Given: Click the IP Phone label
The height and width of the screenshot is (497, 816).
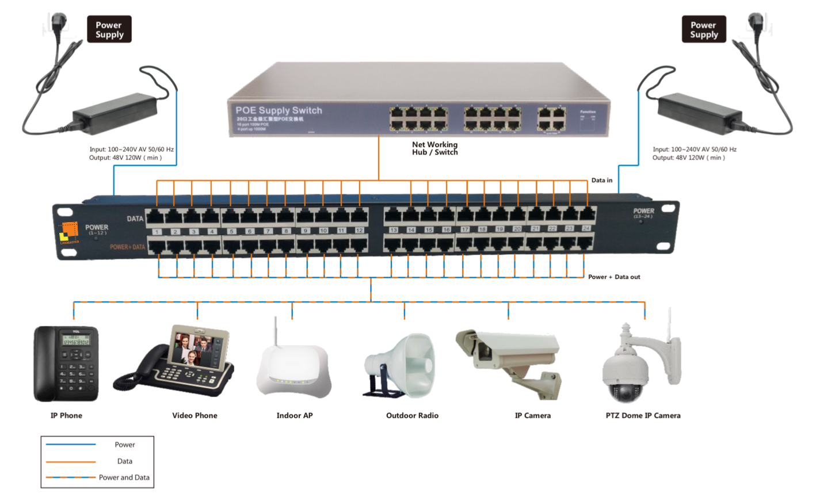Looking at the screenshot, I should pos(66,415).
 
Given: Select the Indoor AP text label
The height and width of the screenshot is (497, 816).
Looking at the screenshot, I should pos(295,415).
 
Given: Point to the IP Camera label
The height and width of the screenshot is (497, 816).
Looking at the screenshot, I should pos(532,415).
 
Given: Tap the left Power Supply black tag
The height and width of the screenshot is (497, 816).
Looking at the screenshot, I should pos(109,29).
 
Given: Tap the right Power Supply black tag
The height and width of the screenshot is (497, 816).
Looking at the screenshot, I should pos(704,29).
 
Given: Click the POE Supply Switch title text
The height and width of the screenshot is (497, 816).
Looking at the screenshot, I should pos(279,110).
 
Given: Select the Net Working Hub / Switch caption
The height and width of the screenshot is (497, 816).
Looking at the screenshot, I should pos(435,148).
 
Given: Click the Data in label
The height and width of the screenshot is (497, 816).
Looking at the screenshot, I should pos(602,181).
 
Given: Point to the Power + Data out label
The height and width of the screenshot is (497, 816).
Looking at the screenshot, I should pos(614,277).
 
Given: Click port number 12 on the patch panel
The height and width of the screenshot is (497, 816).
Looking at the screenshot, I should pos(359,231).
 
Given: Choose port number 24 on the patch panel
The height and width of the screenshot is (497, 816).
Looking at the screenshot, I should pos(586,228).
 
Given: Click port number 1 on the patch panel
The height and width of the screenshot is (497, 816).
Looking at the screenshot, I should pos(157,232).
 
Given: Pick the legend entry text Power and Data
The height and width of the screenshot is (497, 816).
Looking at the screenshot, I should pos(124,477).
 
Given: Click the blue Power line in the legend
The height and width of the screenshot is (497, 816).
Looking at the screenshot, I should pos(71,445).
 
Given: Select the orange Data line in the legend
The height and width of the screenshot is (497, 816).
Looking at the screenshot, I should pos(71,461).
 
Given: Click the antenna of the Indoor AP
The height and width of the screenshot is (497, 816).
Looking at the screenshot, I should pos(277,331).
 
